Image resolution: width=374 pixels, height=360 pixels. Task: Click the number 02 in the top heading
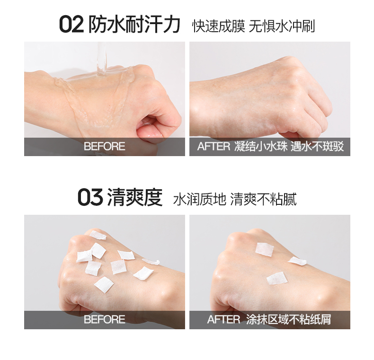coord(71,25)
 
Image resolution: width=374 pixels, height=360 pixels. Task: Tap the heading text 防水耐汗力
coord(134,25)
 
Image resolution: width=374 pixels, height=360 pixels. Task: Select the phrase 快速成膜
coord(218,26)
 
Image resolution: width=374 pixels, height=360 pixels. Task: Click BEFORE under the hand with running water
coord(104,147)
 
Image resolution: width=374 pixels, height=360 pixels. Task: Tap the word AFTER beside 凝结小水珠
coord(214,147)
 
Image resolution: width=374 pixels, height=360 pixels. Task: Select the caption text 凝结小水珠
coord(261,147)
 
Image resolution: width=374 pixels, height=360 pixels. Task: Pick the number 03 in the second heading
coord(90,198)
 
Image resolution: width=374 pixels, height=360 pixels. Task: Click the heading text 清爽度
coord(134,198)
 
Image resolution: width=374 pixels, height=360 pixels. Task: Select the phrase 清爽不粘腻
coord(263,199)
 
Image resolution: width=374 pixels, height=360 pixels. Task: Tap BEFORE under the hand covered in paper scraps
coord(104,320)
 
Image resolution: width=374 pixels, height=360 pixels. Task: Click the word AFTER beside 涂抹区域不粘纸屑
coord(223,320)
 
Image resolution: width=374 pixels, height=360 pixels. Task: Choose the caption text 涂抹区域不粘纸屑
coord(289,320)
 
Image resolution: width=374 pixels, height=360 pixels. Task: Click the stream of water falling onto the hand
coord(101,57)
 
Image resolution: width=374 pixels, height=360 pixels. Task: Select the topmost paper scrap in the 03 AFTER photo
coord(264,249)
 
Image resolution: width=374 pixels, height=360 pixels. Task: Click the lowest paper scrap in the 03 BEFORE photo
coord(104,284)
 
